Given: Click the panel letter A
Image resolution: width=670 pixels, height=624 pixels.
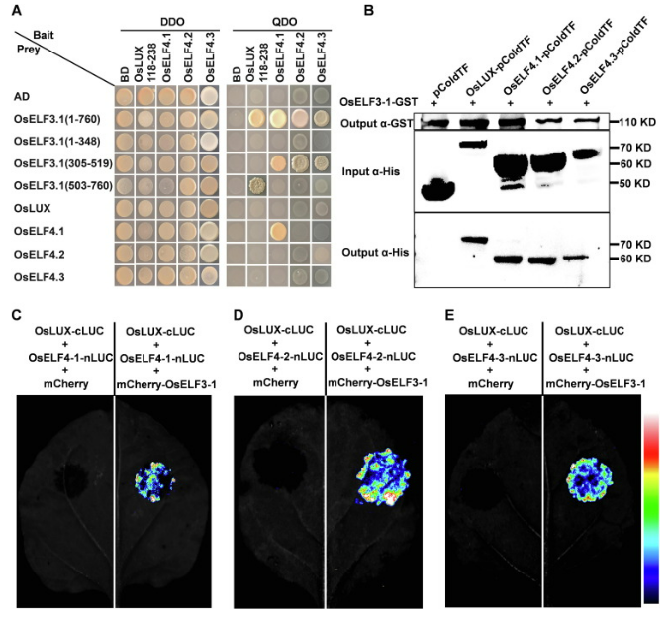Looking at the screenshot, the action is coord(17,9).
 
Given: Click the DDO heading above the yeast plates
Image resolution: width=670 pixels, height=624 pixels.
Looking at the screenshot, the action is coord(172,22).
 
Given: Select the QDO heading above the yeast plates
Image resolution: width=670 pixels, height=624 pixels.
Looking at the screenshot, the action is coord(284,22).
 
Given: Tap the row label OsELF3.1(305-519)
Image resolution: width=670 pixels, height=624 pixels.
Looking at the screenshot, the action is coord(63,163).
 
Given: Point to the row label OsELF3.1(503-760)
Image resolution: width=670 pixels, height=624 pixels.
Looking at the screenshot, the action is coord(63,185).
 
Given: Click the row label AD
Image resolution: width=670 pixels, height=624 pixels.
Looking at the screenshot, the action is coord(22,97).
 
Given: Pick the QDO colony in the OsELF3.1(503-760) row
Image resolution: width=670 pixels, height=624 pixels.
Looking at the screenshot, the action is coord(257,186).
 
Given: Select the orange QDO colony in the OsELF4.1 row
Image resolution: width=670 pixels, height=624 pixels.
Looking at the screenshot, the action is coord(278,232).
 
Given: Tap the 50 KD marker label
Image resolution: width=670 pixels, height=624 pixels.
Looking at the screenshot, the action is coord(635,184).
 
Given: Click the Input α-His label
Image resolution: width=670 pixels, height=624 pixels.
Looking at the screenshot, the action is coord(370,172).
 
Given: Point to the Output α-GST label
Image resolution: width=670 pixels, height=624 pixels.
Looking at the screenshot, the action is coord(376,124).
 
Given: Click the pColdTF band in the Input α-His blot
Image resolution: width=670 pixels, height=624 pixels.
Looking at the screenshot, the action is coord(437,189).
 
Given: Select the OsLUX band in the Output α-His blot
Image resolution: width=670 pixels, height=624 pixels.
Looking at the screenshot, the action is coord(474,240).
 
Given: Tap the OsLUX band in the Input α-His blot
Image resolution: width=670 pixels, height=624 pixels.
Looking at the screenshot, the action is coord(473,145).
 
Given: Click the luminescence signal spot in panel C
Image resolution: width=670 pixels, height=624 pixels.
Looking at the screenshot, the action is coord(154,481).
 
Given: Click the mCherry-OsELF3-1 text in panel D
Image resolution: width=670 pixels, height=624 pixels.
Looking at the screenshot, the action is coord(377,383).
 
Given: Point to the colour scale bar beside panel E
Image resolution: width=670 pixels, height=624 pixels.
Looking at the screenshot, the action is coord(651,508).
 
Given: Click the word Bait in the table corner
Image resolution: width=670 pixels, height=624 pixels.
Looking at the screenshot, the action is coord(44,35).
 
